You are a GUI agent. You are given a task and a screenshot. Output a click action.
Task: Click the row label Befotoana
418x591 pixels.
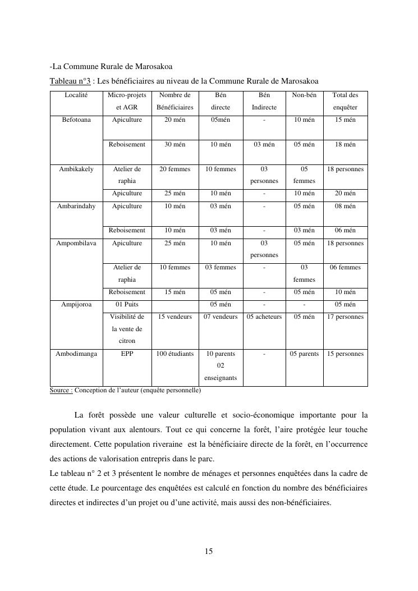click(x=76, y=120)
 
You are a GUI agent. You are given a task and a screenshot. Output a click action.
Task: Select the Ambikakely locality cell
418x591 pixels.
click(x=76, y=169)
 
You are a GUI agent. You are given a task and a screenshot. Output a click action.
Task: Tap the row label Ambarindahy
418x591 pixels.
click(x=76, y=206)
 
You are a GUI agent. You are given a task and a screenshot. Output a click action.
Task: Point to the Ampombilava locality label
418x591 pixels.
click(x=76, y=243)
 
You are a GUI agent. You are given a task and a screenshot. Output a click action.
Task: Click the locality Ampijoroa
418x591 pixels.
click(x=76, y=304)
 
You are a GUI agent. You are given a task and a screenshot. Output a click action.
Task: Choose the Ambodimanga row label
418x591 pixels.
click(x=76, y=354)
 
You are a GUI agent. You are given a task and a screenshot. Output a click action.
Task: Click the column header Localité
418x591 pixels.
click(x=76, y=95)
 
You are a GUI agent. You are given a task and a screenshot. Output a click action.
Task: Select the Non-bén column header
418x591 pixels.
click(x=304, y=95)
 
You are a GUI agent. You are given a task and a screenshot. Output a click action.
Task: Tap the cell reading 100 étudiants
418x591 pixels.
click(x=175, y=354)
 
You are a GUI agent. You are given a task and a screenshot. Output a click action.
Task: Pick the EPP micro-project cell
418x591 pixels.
click(x=127, y=354)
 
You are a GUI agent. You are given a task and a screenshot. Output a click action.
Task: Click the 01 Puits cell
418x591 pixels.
click(x=127, y=304)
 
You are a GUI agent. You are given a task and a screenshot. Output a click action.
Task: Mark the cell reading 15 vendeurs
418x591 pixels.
click(x=175, y=317)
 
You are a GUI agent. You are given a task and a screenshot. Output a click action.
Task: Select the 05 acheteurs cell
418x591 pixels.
click(x=264, y=317)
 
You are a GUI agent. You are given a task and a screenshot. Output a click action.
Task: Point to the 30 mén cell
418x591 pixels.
click(x=175, y=144)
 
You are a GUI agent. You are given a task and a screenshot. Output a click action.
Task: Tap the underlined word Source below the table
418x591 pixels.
click(x=61, y=390)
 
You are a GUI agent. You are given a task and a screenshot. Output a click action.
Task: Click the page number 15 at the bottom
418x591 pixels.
click(x=209, y=551)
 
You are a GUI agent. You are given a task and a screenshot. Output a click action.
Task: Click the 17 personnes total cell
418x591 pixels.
click(x=345, y=317)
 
